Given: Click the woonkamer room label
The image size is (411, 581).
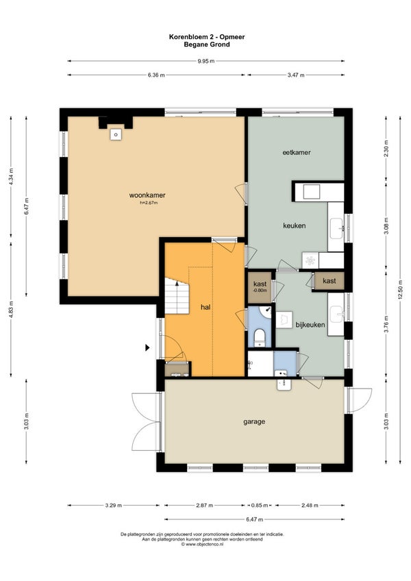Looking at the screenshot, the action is (147, 195).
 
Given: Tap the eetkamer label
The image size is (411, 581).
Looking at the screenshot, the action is (297, 152).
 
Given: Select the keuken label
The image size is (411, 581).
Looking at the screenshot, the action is (295, 225).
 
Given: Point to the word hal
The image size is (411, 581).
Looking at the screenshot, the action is (206, 307).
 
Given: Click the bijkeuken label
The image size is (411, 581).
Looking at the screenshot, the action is (310, 325).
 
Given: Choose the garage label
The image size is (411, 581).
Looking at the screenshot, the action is (254, 421).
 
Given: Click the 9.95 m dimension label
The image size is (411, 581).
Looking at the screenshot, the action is (206, 61).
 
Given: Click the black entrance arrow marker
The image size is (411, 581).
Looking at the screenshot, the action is (147, 347).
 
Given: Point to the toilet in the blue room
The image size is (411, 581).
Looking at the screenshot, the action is (260, 336).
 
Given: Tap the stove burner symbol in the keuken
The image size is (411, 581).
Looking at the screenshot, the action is (310, 260).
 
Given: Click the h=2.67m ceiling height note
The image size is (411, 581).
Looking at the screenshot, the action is (149, 203).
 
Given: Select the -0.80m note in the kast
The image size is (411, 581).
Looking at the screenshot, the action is (260, 290).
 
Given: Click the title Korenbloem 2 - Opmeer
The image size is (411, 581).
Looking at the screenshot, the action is (207, 37).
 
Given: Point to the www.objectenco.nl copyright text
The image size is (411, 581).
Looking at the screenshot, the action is (202, 544).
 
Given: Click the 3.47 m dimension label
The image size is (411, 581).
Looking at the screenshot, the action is (296, 75).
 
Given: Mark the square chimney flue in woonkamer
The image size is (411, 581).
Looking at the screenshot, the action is (116, 134).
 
